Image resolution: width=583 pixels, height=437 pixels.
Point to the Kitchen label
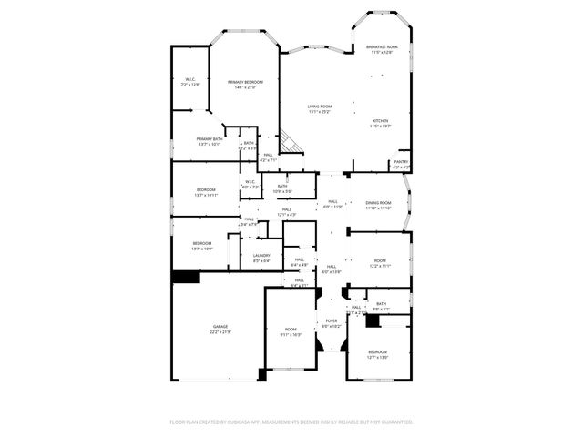pyautogui.click(x=381, y=123)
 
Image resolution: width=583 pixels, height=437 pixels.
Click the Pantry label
pyautogui.click(x=400, y=165)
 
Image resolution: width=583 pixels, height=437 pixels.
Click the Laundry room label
pyautogui.click(x=261, y=258)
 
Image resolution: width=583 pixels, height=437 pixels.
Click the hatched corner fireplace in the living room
pyautogui.click(x=291, y=143)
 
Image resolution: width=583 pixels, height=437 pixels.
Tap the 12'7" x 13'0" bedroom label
pyautogui.click(x=377, y=353)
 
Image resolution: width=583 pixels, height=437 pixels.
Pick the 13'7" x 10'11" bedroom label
pyautogui.click(x=206, y=192)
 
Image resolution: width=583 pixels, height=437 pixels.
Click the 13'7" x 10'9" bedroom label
pyautogui.click(x=201, y=245)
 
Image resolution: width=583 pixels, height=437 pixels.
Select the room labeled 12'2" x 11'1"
pyautogui.click(x=379, y=263)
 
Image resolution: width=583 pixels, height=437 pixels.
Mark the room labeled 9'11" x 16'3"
pyautogui.click(x=291, y=331)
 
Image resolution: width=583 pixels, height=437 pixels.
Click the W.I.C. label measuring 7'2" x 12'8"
pyautogui.click(x=190, y=82)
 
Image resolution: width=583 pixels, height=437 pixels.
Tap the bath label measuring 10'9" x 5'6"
pyautogui.click(x=282, y=188)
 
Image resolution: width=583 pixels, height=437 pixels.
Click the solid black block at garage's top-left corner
pyautogui.click(x=187, y=277)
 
